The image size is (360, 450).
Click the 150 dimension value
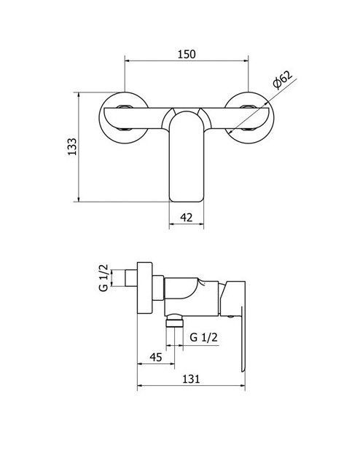187,54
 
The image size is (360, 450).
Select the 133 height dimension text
72,146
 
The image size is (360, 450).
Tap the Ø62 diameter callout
282,79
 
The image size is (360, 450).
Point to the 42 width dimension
187,217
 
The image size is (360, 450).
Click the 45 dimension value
156,357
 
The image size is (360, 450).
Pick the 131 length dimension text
191,379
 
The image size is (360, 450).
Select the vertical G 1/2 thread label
103,278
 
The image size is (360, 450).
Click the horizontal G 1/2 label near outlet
204,337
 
